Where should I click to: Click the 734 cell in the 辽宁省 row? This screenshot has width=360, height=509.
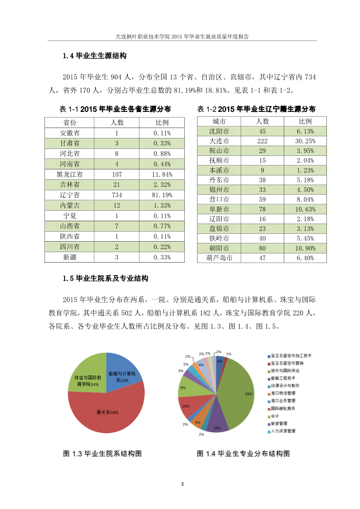pos(117,195)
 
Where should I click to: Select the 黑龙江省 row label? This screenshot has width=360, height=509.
pos(69,174)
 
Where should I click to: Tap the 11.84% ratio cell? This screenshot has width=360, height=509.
pos(162,174)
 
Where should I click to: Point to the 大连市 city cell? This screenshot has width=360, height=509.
pos(219,141)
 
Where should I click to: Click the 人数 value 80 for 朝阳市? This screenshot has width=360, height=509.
pos(262,248)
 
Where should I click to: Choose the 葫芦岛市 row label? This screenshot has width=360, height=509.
pos(219,258)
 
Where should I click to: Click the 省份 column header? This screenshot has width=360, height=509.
pos(69,122)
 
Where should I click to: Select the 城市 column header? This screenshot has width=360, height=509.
pos(219,121)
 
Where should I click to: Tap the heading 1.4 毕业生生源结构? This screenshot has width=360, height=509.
pos(94,56)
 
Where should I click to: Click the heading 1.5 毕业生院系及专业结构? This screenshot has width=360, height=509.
pos(105,278)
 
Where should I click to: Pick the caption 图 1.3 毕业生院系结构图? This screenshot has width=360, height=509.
pos(102,454)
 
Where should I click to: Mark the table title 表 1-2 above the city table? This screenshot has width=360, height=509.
pos(256,109)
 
